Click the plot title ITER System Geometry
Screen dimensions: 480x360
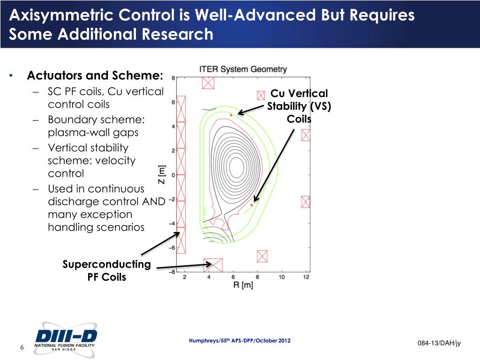[x=243, y=69]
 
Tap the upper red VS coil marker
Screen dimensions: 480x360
[x=231, y=115]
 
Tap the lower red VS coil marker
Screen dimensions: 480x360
[x=252, y=205]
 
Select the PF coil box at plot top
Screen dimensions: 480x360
[x=208, y=83]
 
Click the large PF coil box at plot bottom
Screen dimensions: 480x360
[x=213, y=265]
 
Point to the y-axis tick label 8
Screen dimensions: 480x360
[x=173, y=78]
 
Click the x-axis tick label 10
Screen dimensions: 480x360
[x=281, y=277]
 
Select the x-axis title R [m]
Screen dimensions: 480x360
[x=243, y=285]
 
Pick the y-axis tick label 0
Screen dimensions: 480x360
[x=173, y=175]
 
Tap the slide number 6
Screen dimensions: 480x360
[x=22, y=347]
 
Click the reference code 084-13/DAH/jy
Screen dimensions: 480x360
[x=439, y=344]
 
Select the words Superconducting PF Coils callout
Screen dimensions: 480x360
[x=107, y=271]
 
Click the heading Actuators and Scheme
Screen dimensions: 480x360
[x=95, y=75]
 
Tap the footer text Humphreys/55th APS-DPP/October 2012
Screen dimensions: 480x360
[x=240, y=340]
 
